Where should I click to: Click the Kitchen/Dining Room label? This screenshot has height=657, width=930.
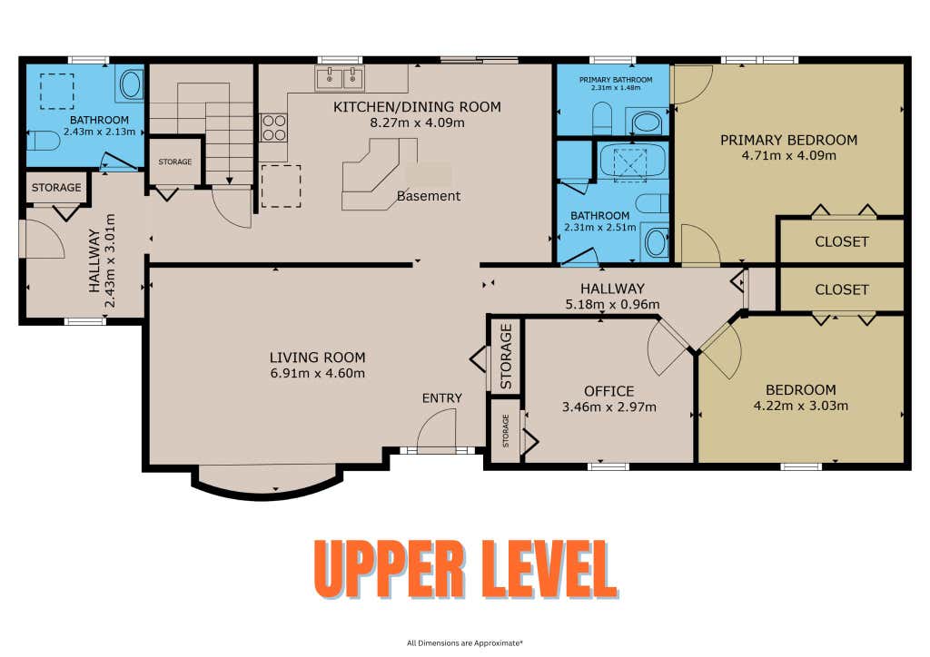(417, 107)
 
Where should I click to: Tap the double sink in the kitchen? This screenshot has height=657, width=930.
(340, 78)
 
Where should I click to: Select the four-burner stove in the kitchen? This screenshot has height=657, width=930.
(273, 128)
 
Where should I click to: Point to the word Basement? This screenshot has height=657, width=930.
(429, 196)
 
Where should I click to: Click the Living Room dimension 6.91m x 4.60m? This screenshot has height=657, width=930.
(317, 373)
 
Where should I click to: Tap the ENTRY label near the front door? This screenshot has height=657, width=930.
(442, 398)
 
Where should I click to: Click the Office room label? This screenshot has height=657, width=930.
(609, 391)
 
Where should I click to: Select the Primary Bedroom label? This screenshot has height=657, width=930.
(789, 140)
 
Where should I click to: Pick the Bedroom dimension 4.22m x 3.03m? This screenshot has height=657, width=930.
(801, 406)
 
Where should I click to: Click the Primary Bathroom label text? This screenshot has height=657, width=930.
(616, 79)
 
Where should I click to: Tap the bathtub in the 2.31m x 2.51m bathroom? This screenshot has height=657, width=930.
(632, 161)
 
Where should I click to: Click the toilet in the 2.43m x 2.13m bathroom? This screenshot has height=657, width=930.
(44, 141)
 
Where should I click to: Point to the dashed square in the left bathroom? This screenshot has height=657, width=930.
(57, 92)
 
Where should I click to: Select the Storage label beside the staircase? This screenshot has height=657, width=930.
(175, 162)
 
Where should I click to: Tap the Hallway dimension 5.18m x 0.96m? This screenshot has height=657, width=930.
(613, 305)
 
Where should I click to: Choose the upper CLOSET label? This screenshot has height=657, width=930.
(842, 241)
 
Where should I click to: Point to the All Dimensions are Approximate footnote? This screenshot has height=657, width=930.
(465, 642)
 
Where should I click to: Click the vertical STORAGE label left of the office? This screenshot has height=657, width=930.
(506, 356)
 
